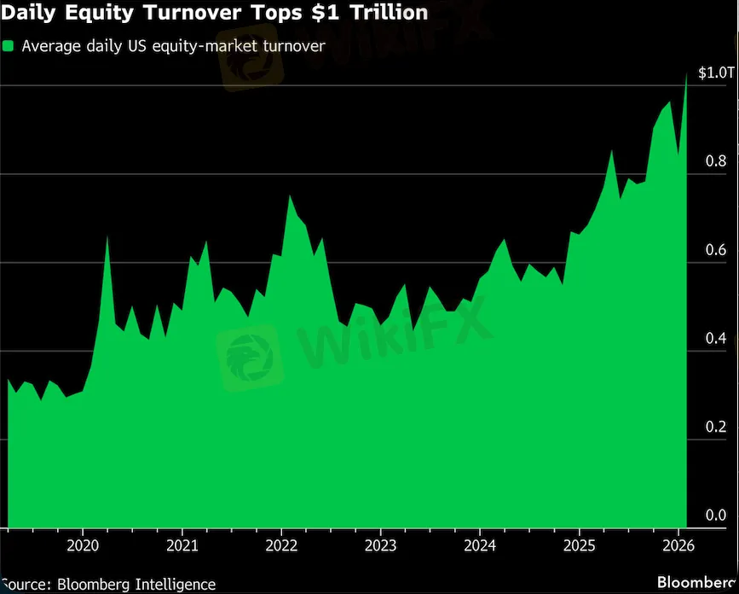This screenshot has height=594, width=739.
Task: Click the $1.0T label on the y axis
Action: tap(714, 73)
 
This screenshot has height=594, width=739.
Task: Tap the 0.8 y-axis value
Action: tap(717, 162)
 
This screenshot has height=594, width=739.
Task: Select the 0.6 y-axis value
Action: tap(717, 251)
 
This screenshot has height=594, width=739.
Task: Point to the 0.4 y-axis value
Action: tap(717, 340)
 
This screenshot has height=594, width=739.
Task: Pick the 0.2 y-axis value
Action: tap(717, 428)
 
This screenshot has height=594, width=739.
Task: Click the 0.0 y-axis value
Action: tap(717, 515)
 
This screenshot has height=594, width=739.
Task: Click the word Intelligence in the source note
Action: tap(175, 585)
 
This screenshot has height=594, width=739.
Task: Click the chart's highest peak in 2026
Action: tap(687, 74)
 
